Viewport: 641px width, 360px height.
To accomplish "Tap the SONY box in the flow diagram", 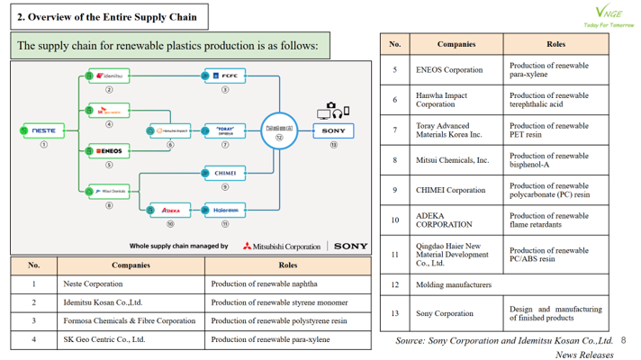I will click(334, 130).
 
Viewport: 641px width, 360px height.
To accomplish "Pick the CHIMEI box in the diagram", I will click(224, 172).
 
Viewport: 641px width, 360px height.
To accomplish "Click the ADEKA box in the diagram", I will click(168, 210).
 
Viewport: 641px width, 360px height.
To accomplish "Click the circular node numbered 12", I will click(279, 131).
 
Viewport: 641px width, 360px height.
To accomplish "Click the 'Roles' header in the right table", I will click(555, 43).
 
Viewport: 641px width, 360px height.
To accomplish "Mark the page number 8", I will click(624, 341).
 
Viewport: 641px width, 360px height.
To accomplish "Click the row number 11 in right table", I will click(394, 254).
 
